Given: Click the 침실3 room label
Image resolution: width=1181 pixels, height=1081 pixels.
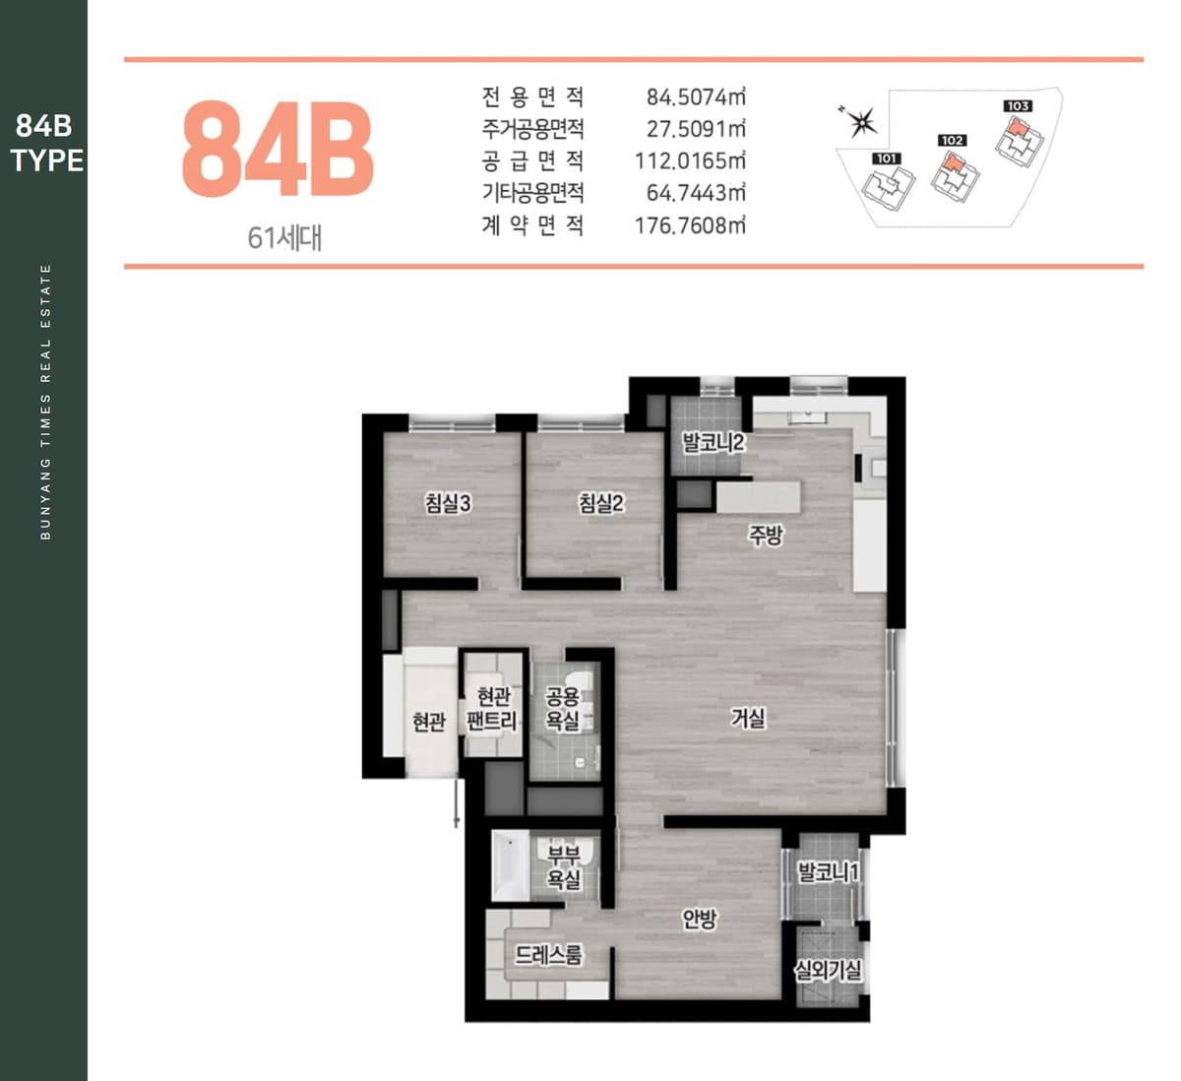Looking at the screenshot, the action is (448, 503).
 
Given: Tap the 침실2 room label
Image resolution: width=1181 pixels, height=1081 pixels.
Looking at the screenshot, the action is (601, 503).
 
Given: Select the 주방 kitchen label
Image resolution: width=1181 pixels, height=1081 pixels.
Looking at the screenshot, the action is (766, 535).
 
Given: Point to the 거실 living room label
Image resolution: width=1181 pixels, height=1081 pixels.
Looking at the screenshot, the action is (748, 718).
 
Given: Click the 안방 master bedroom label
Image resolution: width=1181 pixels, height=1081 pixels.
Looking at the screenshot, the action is (700, 919).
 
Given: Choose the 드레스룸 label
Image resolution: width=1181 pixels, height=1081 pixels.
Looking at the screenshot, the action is (549, 955).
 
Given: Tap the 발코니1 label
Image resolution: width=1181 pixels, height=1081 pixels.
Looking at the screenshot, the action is (829, 872).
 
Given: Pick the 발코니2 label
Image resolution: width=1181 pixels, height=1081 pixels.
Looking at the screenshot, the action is (714, 442).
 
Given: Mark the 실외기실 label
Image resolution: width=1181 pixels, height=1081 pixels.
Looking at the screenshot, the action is (829, 971).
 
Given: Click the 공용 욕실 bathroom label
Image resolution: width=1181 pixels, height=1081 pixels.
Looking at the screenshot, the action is (562, 709).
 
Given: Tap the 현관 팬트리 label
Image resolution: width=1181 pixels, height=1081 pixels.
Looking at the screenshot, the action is (492, 709).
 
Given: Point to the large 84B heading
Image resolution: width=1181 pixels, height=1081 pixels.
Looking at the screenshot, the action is (278, 149).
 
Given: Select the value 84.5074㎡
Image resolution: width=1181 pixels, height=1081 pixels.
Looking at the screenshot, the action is (696, 96).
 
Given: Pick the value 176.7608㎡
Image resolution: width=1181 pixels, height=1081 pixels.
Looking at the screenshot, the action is (690, 225).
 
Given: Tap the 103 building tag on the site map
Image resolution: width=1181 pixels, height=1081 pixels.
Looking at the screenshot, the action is (1018, 106).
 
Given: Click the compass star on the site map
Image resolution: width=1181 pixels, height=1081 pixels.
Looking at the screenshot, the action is (862, 122).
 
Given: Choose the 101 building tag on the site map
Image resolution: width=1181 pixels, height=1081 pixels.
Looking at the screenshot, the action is (887, 159).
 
